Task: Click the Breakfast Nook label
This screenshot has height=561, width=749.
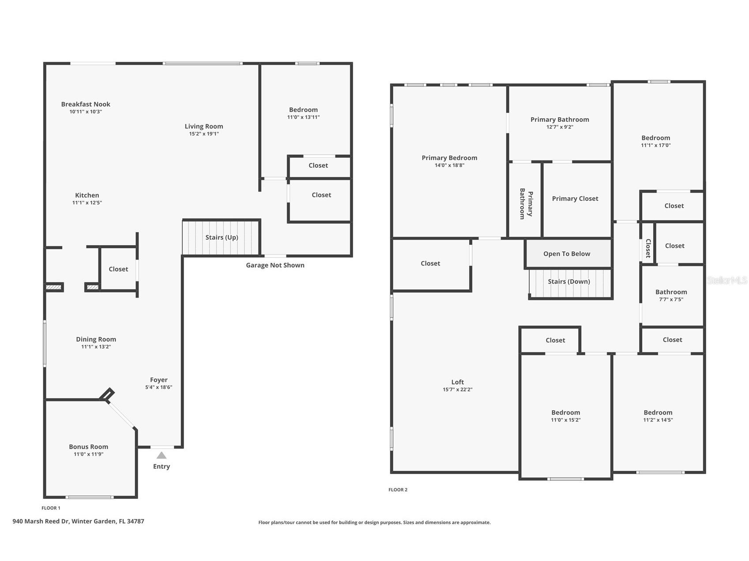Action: (86, 104)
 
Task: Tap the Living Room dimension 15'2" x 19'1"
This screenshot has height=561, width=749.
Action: (204, 134)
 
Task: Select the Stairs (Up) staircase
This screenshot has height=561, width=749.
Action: (221, 237)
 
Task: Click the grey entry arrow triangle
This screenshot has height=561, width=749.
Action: (162, 455)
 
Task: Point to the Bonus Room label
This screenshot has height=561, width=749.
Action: (88, 447)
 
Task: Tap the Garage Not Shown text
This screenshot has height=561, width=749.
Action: (275, 265)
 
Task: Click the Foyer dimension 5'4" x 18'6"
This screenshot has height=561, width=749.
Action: (158, 387)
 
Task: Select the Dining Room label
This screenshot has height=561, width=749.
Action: (96, 339)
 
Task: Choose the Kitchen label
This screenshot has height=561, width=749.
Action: (87, 195)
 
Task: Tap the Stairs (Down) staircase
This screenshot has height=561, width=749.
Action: (569, 284)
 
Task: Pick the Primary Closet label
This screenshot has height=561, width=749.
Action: (575, 198)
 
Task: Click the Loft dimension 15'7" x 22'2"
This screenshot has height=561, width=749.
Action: (458, 389)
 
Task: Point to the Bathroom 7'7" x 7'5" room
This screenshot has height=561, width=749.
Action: (671, 295)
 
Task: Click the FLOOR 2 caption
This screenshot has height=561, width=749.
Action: (398, 490)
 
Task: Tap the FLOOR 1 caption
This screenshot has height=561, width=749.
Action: (51, 508)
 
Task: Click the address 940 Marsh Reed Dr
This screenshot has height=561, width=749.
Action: (41, 521)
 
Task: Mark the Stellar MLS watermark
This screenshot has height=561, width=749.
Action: (727, 280)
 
